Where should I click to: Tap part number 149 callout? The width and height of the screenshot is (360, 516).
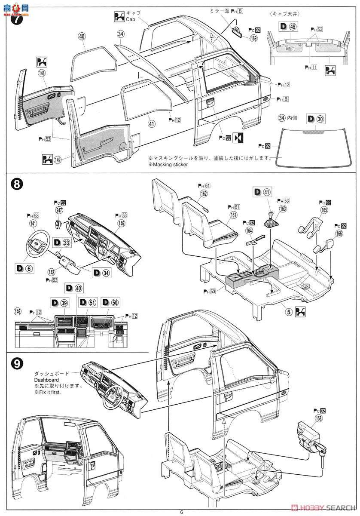point(58,160)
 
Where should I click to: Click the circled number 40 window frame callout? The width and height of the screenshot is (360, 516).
point(82,37)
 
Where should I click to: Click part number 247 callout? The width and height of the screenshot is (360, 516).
point(58,209)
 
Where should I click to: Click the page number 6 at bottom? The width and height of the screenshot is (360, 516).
point(181,511)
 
